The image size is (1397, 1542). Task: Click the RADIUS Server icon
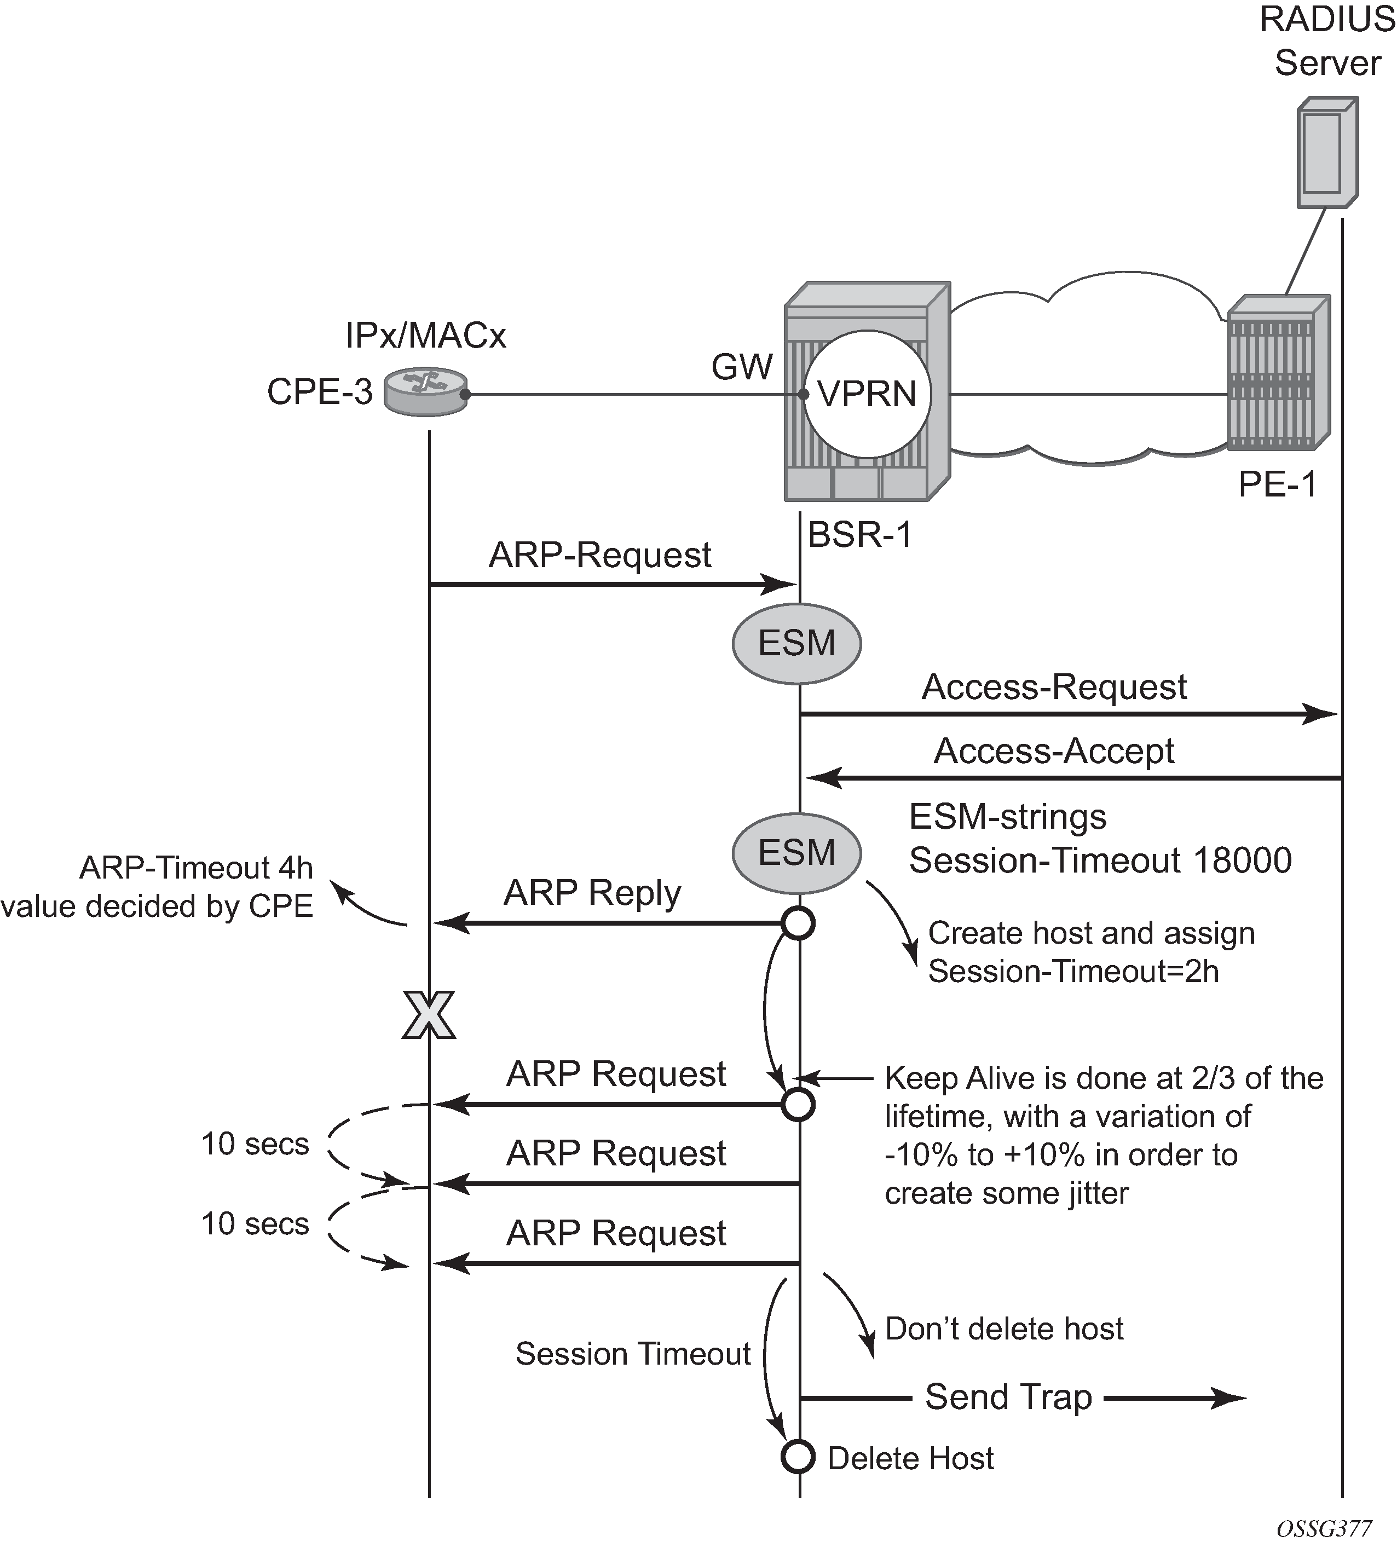1327,153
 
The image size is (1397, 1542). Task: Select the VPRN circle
866,395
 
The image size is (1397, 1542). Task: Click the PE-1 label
1278,484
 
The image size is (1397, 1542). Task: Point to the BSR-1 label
860,535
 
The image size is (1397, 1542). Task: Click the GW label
741,367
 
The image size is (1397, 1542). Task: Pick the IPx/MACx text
425,336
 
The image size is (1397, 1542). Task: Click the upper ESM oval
796,643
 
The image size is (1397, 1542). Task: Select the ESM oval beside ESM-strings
796,852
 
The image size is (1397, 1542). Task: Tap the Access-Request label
1053,687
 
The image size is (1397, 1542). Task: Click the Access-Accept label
1053,751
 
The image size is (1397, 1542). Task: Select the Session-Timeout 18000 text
1099,860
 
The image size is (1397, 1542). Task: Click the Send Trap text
1008,1397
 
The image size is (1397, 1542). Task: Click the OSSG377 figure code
1324,1528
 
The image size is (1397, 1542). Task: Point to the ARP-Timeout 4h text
196,868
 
